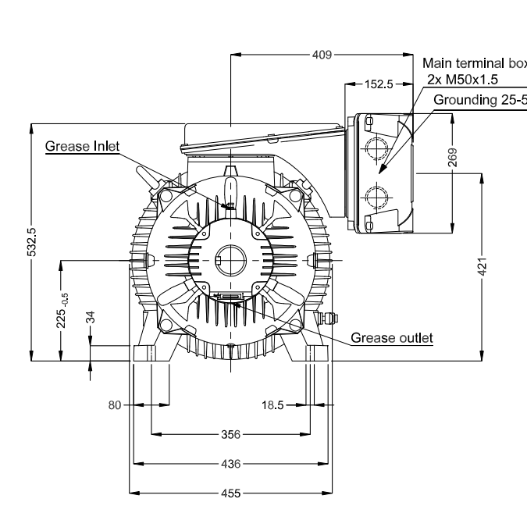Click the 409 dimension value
(x=322, y=55)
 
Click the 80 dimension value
(x=115, y=405)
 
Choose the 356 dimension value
(x=231, y=433)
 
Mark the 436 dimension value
(x=231, y=463)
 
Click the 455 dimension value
(x=231, y=493)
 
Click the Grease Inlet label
(x=82, y=146)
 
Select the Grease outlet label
(x=392, y=338)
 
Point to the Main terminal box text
(x=473, y=63)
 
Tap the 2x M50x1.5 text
(x=463, y=79)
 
